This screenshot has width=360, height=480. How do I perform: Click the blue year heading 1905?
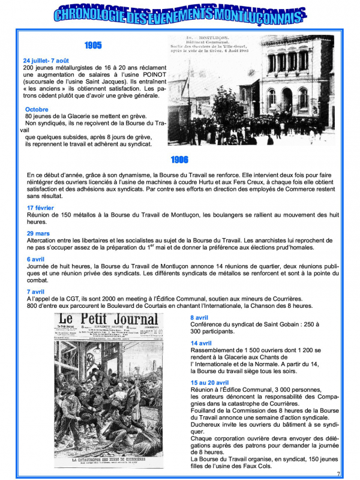click(x=93, y=45)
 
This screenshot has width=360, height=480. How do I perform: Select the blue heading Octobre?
click(x=37, y=109)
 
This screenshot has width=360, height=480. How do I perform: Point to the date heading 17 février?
click(x=40, y=208)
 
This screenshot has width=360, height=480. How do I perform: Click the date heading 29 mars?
click(x=38, y=233)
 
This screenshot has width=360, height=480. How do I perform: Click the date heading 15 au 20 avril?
click(x=209, y=382)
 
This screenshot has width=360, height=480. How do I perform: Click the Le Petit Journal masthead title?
click(x=107, y=320)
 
